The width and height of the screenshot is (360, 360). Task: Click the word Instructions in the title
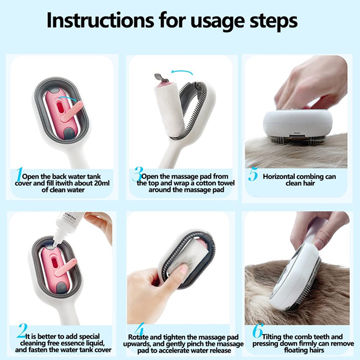coord(100,20)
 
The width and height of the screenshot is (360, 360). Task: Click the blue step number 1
coord(19,175)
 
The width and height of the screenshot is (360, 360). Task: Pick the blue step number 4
coord(139,329)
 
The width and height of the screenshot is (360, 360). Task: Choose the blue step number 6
coord(257,331)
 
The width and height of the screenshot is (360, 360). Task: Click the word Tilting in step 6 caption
coord(272,337)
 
